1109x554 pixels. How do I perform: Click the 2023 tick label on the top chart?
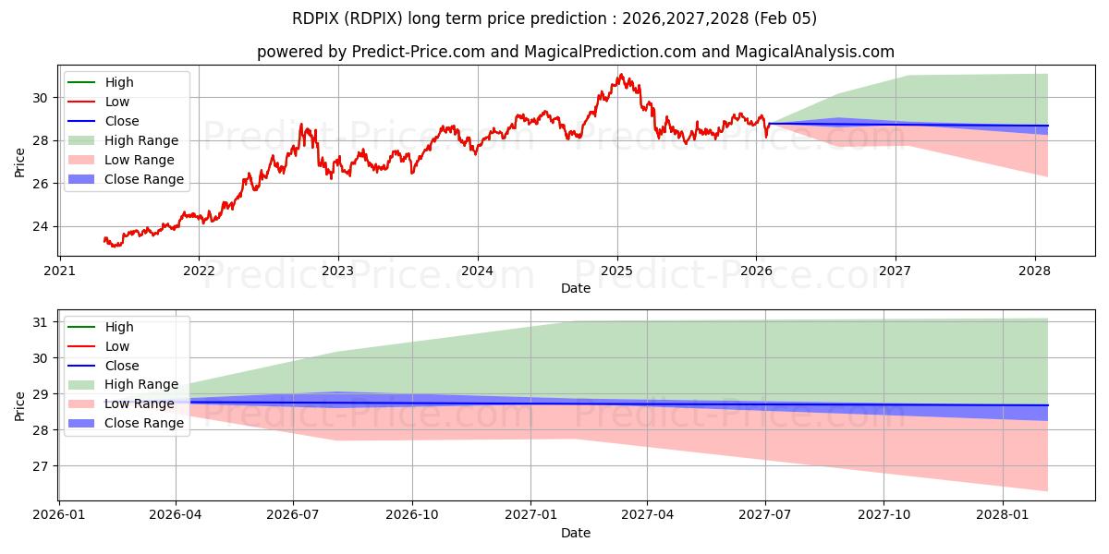pos(337,271)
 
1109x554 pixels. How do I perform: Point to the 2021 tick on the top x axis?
pos(60,271)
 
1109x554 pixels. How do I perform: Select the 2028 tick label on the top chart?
pos(1034,271)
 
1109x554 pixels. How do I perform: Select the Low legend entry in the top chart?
pos(117,102)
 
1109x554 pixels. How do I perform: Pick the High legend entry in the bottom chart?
pos(119,327)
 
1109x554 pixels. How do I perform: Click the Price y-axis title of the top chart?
pos(20,163)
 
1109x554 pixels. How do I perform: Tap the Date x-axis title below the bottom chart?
pos(575,533)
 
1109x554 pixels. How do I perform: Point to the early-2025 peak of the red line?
pos(620,75)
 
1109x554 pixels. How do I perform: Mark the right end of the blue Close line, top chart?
pos(1047,126)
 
